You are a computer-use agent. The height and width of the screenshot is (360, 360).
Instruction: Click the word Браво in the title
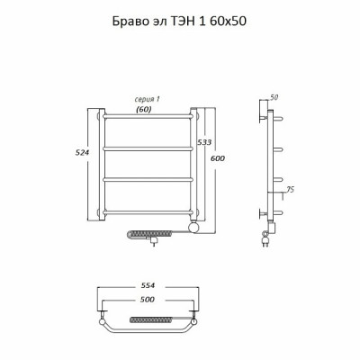129,22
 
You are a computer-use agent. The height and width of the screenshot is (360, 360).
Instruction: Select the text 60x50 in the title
228,22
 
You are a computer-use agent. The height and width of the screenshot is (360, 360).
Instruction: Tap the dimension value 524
82,153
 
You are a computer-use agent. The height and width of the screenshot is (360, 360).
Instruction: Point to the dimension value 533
204,142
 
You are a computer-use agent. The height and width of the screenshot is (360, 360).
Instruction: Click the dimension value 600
217,158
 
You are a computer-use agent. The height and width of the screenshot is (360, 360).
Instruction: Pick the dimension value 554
148,285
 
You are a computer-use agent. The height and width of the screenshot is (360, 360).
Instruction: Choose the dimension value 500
148,300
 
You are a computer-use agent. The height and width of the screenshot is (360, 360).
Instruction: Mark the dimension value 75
290,190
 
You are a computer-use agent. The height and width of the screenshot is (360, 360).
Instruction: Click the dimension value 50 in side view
274,97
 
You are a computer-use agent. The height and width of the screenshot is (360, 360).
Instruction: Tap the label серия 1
147,99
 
